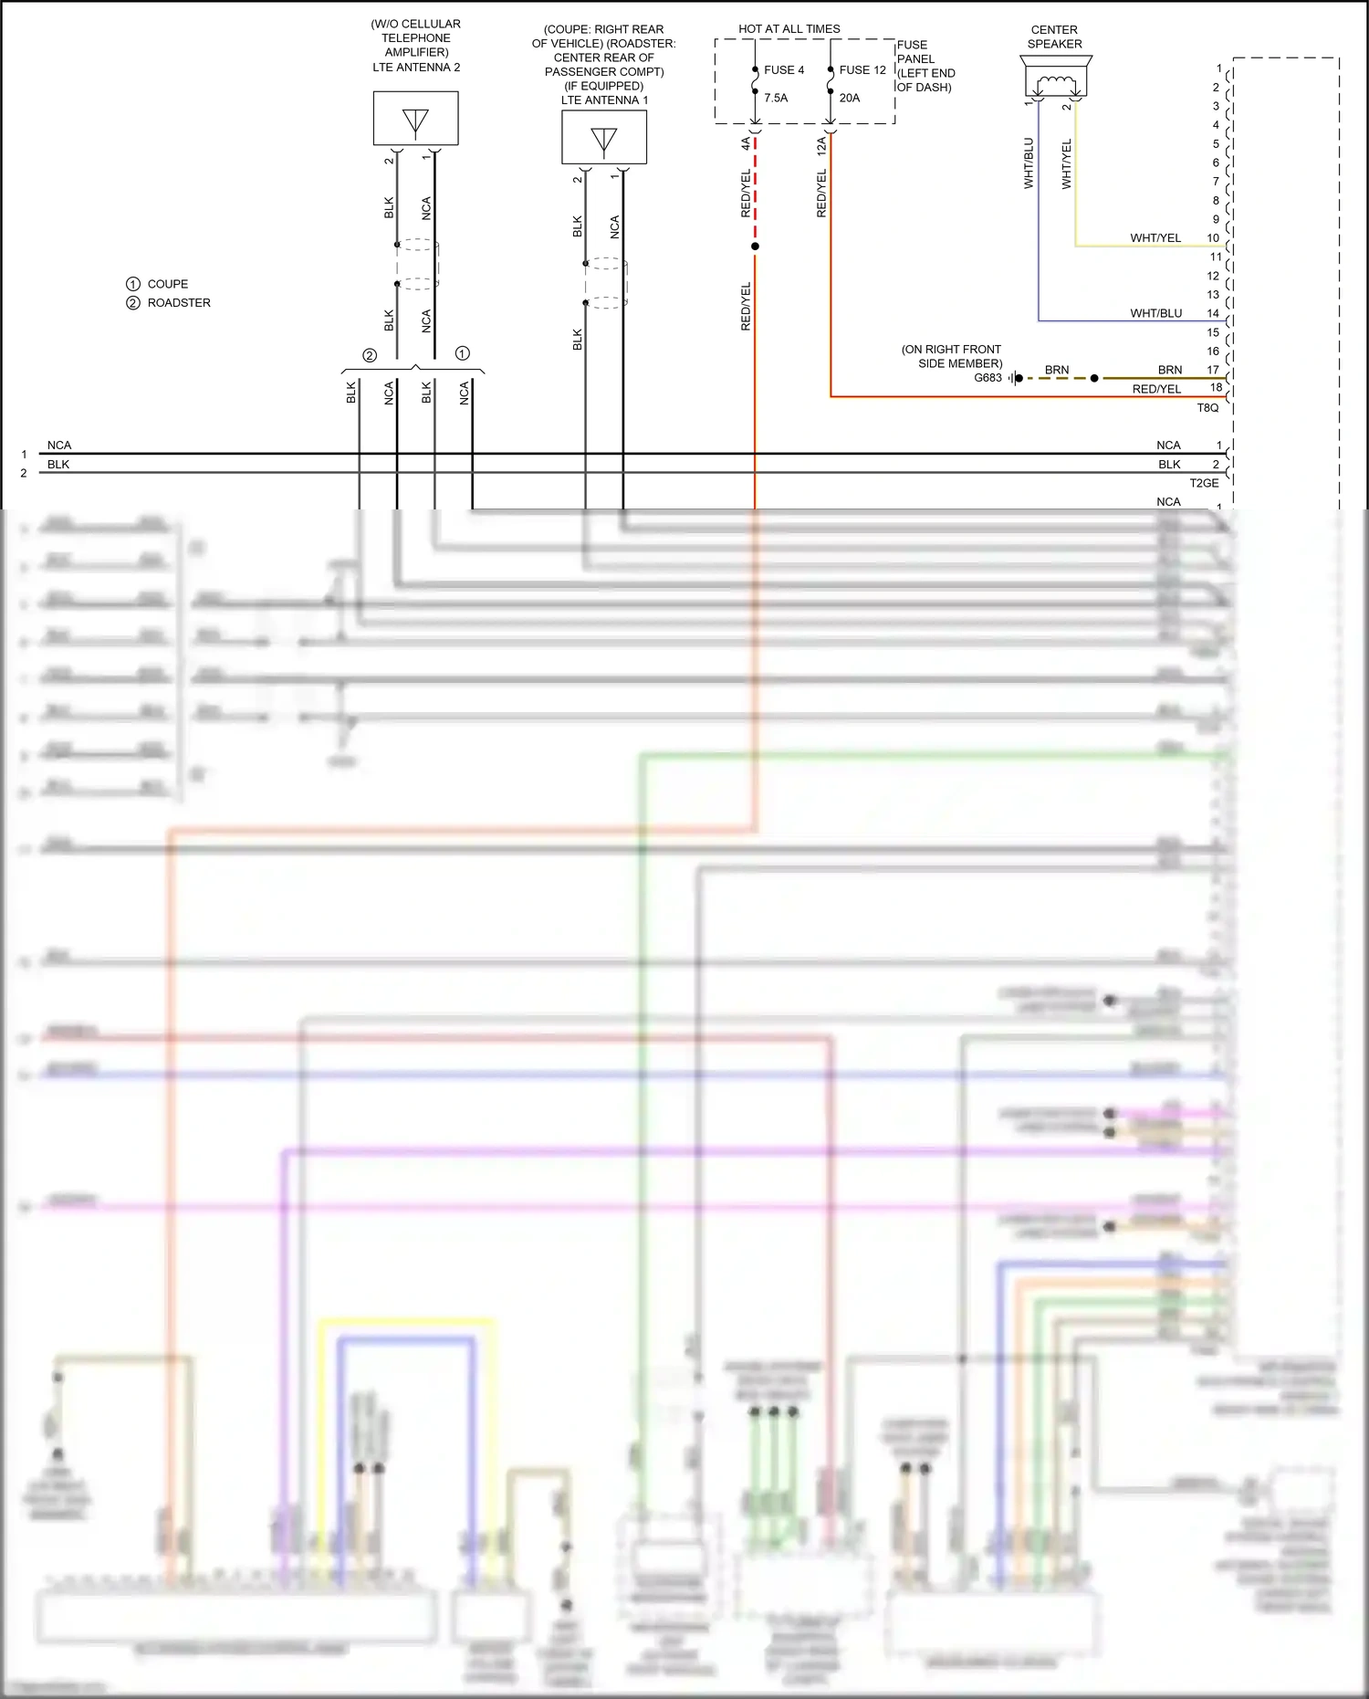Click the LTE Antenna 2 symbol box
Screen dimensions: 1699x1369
click(415, 119)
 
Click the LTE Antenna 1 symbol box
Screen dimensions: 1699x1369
click(603, 138)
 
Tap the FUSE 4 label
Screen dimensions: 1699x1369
click(783, 70)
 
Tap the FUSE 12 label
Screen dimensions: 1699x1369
click(862, 70)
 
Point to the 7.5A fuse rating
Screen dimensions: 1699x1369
click(775, 98)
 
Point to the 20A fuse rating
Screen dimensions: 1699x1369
click(849, 98)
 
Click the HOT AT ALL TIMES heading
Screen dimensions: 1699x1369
click(789, 29)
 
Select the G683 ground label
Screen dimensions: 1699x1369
click(988, 377)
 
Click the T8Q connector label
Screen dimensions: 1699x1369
click(1207, 407)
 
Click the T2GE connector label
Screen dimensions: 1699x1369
click(1204, 483)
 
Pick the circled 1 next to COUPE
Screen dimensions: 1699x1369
click(133, 284)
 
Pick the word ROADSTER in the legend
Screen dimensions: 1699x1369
click(179, 303)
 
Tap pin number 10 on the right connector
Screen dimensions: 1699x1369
click(1213, 238)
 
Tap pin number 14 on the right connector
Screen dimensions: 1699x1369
click(1213, 313)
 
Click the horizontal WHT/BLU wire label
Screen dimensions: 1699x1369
click(1155, 313)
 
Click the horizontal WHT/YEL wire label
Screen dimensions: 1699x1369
click(1155, 238)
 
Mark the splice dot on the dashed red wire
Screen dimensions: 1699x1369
click(755, 246)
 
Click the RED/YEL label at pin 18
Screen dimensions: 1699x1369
click(1156, 389)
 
